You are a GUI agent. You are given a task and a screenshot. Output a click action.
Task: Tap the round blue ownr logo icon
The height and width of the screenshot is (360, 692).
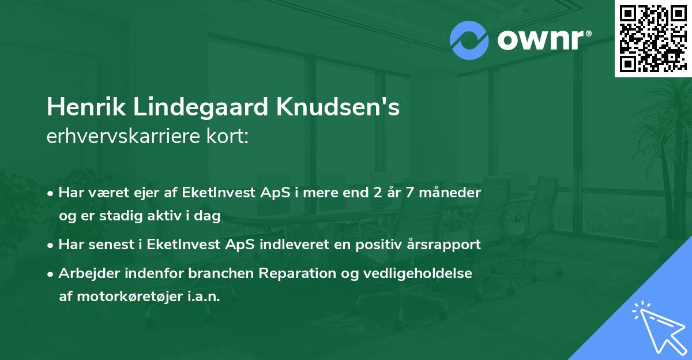coord(469,40)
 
